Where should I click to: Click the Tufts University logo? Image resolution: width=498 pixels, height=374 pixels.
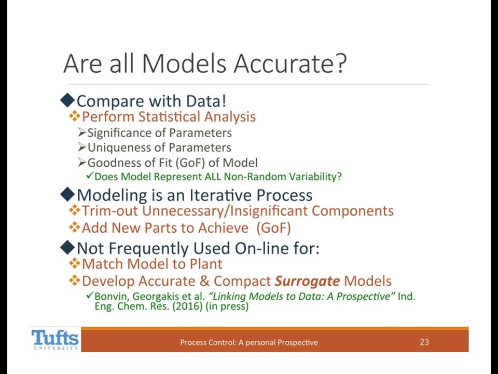pos(55,339)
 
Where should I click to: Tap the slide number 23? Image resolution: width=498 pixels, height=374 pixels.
pos(424,342)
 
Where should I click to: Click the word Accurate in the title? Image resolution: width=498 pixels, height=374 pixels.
pos(290,63)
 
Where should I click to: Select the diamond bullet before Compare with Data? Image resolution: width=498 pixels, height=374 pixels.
pos(67,100)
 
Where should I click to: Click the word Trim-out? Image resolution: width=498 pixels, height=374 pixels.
pos(110,211)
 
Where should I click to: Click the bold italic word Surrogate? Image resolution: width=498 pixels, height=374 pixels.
pos(307,282)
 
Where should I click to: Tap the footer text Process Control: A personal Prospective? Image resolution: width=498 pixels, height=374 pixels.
pos(249,342)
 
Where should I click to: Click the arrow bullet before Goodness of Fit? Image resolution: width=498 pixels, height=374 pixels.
pos(82,163)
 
